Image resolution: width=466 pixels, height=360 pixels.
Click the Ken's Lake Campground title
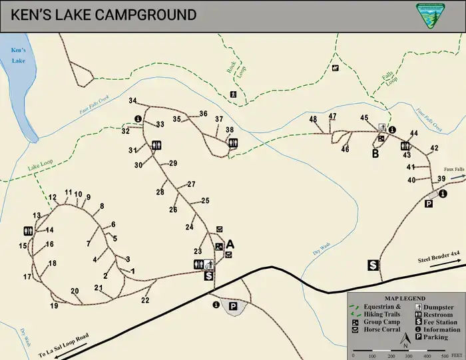pyautogui.click(x=104, y=15)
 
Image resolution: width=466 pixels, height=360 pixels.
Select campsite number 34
pyautogui.click(x=133, y=100)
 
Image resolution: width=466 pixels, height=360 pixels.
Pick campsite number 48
pyautogui.click(x=313, y=119)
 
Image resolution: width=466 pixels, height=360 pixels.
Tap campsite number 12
pyautogui.click(x=53, y=197)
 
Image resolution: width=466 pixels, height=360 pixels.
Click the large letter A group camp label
pyautogui.click(x=231, y=244)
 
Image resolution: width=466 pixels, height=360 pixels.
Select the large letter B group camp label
pyautogui.click(x=375, y=154)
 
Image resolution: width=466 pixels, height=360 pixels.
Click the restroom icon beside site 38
pyautogui.click(x=232, y=142)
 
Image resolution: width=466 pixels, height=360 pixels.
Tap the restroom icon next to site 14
pyautogui.click(x=27, y=230)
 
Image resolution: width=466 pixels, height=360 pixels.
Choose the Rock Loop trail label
pyautogui.click(x=232, y=69)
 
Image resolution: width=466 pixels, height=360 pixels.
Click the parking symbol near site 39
pyautogui.click(x=429, y=204)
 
